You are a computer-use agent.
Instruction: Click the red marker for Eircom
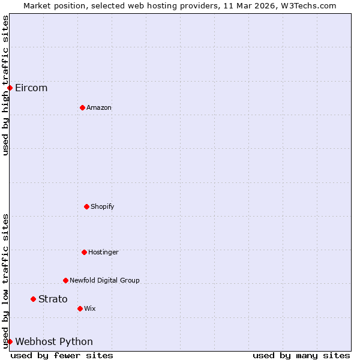tap(10, 88)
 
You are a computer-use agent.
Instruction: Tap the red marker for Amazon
tap(82, 107)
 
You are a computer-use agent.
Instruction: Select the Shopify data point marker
tap(86, 206)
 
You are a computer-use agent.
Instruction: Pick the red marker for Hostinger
tap(84, 252)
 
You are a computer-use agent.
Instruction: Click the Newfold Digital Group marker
tap(65, 280)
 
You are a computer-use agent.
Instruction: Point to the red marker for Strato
tap(33, 299)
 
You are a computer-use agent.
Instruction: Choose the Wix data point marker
tap(80, 308)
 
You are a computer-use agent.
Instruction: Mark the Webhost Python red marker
tap(10, 341)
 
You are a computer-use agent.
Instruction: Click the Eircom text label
tap(31, 88)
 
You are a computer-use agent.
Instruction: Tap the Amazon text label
tap(99, 108)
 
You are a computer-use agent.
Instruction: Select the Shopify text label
tap(103, 207)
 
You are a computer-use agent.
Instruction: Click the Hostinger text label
tap(103, 253)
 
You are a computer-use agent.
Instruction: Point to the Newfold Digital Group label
tap(104, 281)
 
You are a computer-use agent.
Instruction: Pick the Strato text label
tap(53, 299)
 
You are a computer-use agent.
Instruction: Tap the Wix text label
tap(90, 309)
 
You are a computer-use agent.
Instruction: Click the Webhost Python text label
tap(54, 342)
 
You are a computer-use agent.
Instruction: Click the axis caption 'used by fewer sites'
tap(62, 356)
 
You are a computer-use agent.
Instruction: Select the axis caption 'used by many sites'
tap(301, 356)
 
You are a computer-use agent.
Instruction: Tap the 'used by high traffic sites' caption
tap(5, 85)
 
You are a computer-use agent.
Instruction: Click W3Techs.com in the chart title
tap(307, 5)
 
